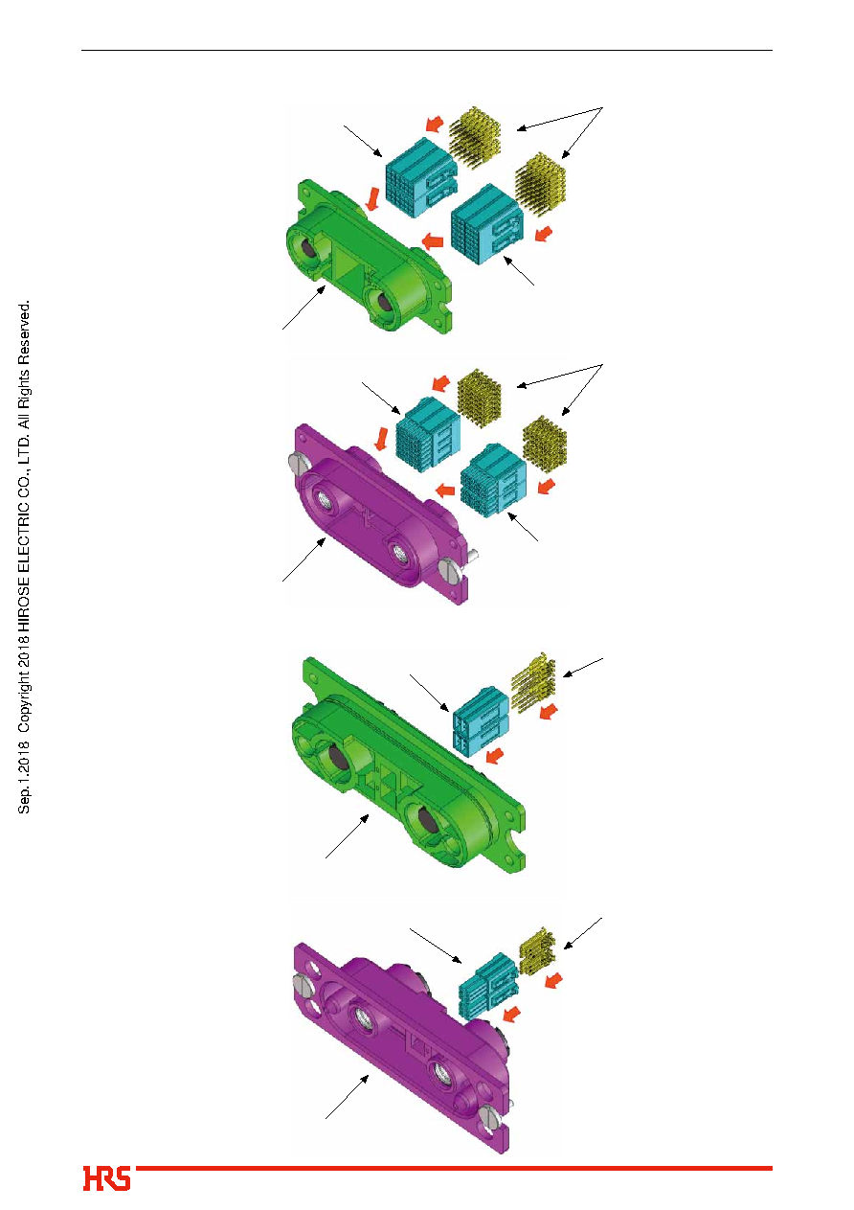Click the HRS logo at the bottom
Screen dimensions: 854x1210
point(106,1178)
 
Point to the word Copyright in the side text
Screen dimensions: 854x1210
point(24,697)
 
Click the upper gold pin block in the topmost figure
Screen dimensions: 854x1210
point(475,137)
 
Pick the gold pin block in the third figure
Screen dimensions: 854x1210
point(533,682)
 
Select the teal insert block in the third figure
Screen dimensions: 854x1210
point(481,720)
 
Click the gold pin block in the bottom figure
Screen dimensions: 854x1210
point(537,951)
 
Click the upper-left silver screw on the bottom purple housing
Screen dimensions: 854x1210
point(303,983)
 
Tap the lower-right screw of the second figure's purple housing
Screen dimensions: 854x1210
point(449,569)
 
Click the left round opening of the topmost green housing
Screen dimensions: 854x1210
point(305,248)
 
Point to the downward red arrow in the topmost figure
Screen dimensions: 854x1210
point(371,198)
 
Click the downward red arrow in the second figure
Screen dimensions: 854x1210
point(381,439)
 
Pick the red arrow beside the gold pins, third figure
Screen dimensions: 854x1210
point(549,712)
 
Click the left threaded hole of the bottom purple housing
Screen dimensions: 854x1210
point(362,1017)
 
